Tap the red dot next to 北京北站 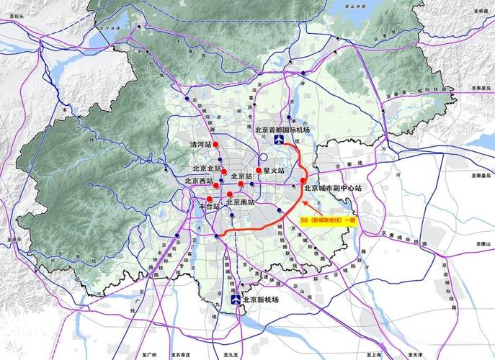pos(225,171)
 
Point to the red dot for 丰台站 pos(209,199)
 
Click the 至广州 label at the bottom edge pos(150,355)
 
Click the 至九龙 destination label pos(229,355)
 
